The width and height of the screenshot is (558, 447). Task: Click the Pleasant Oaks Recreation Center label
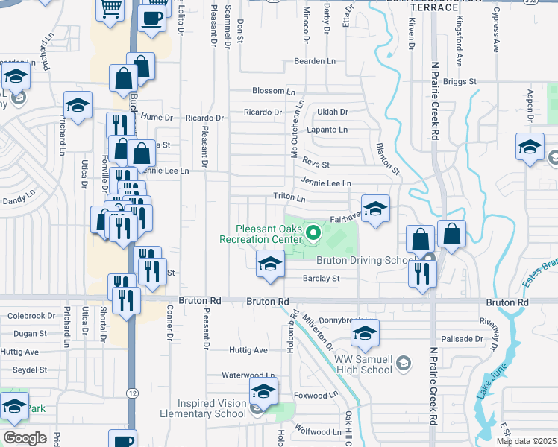coord(260,234)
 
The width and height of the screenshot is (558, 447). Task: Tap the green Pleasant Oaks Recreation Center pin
coord(313,236)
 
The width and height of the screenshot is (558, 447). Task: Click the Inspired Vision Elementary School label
coord(201,408)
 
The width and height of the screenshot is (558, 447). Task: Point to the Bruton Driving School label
coord(365,261)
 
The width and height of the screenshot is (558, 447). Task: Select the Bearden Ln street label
coord(315,61)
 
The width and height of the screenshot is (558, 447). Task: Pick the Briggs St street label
coord(460,80)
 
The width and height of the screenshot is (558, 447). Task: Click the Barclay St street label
coord(321,279)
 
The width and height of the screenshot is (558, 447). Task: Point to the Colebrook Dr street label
coord(31,316)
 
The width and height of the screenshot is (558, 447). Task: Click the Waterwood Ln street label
coord(248,376)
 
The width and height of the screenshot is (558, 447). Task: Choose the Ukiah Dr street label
coord(333,112)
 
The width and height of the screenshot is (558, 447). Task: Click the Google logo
coord(25,438)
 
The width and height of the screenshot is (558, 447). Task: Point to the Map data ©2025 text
coord(526,441)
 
